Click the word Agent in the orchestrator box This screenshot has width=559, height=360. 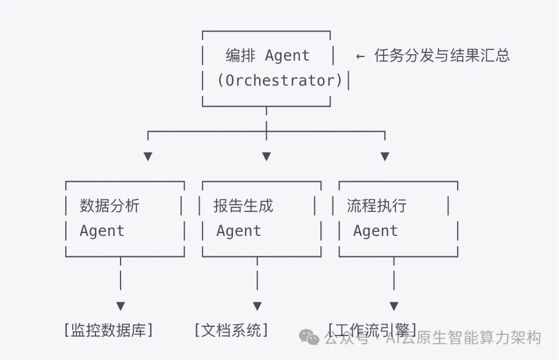point(287,57)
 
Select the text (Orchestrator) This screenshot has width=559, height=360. point(280,80)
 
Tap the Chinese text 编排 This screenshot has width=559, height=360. point(240,55)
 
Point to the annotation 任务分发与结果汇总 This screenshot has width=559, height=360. point(442,55)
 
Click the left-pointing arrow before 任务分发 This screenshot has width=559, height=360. point(360,57)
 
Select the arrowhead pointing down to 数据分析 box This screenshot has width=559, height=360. point(148,156)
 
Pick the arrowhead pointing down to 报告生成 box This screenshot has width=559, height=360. point(266,156)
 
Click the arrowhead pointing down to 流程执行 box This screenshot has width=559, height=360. point(385,156)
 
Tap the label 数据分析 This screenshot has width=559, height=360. point(109,206)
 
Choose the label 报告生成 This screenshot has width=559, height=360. point(243,206)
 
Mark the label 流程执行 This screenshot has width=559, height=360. point(377,206)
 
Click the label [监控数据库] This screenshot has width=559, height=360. point(109,330)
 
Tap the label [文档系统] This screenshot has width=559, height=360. point(231,330)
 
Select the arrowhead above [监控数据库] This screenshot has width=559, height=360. point(121,306)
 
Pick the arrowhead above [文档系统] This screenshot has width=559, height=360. point(257,306)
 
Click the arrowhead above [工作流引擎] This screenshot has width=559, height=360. point(394,306)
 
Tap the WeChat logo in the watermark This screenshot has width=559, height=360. point(309,337)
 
